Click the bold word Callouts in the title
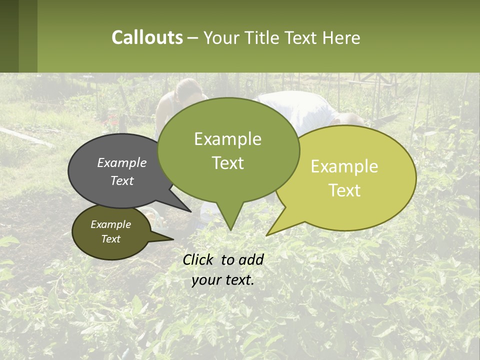click(x=147, y=37)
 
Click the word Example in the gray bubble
click(x=122, y=162)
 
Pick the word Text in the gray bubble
click(x=122, y=180)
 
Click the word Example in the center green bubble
click(x=227, y=139)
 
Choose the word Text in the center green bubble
click(x=227, y=163)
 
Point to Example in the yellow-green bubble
click(x=344, y=166)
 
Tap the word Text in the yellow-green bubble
click(x=345, y=190)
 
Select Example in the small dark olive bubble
click(x=110, y=224)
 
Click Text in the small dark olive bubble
click(x=110, y=239)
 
